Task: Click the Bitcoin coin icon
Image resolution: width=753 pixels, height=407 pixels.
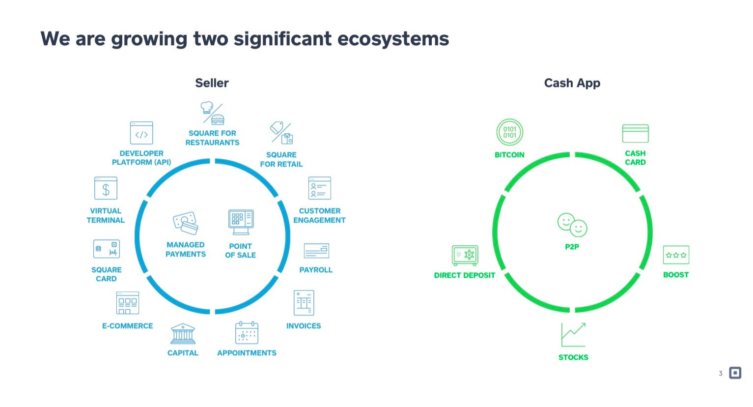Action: (509, 132)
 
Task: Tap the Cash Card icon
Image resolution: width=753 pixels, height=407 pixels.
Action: (635, 133)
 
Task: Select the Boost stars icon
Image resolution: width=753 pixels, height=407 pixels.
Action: (676, 255)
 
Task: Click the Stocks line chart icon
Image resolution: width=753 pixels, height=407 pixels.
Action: (573, 335)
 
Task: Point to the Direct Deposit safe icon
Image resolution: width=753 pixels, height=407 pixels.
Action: (465, 255)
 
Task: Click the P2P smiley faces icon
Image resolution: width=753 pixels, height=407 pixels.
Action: (572, 225)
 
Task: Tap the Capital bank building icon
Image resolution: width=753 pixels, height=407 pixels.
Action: (183, 334)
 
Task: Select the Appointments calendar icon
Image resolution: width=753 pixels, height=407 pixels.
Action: (247, 333)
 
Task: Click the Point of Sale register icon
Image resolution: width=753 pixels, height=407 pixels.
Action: (241, 222)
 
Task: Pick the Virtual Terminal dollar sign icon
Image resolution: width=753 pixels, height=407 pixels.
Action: (106, 188)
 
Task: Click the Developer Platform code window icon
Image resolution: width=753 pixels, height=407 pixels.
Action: (141, 133)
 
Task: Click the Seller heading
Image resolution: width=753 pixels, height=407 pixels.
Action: (212, 83)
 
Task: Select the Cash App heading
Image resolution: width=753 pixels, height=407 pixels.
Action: (572, 83)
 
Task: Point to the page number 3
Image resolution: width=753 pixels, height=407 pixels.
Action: (721, 374)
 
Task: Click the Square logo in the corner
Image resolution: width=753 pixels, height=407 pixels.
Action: (735, 373)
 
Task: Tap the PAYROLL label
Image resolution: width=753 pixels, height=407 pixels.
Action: (316, 270)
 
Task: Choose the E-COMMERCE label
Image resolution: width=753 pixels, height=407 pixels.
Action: (127, 326)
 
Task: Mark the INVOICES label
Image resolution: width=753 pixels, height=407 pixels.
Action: (304, 326)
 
